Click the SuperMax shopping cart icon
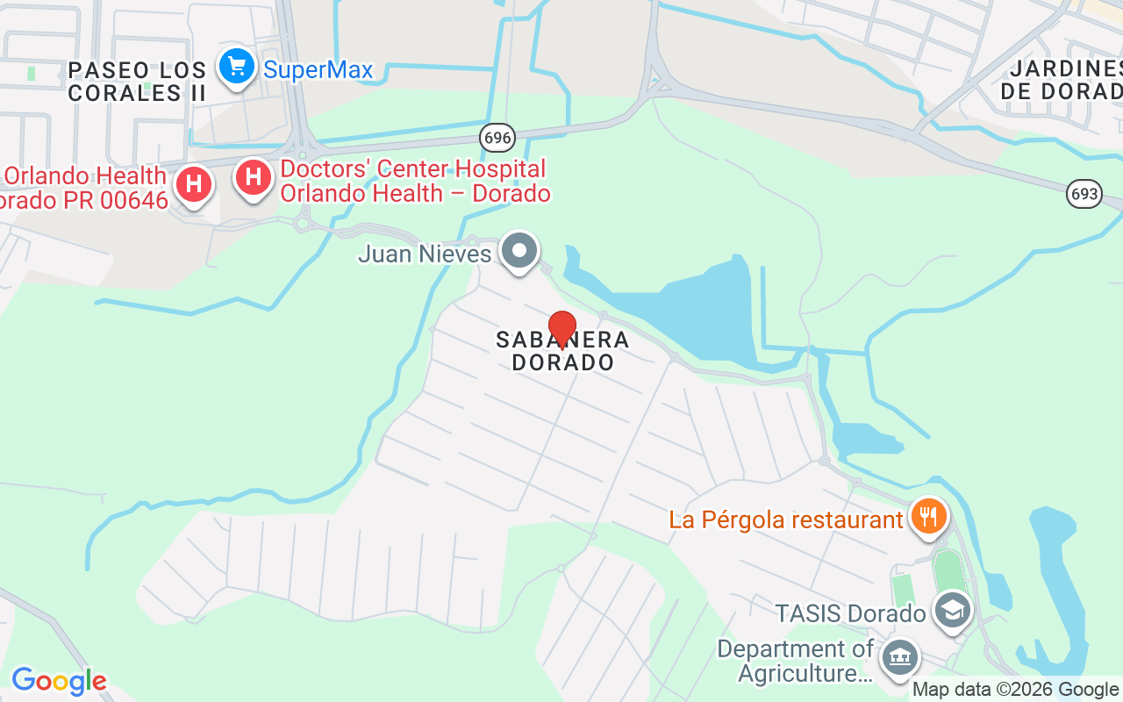coord(236,66)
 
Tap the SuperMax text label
coord(318,70)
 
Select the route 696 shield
coord(497,137)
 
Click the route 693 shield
coord(1084,194)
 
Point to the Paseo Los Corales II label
coord(138,81)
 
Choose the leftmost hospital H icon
coord(194,184)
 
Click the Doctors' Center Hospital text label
coord(415,181)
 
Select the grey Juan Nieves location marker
coord(519,251)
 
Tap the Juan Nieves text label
coord(425,254)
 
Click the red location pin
coord(561,329)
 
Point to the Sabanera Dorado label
coord(562,350)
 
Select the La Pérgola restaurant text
coord(786,519)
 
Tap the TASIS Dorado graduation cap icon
coord(952,609)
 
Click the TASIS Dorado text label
coord(850,613)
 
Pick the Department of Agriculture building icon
coord(899,656)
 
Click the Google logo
coord(59,681)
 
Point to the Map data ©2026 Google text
coord(1015,690)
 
